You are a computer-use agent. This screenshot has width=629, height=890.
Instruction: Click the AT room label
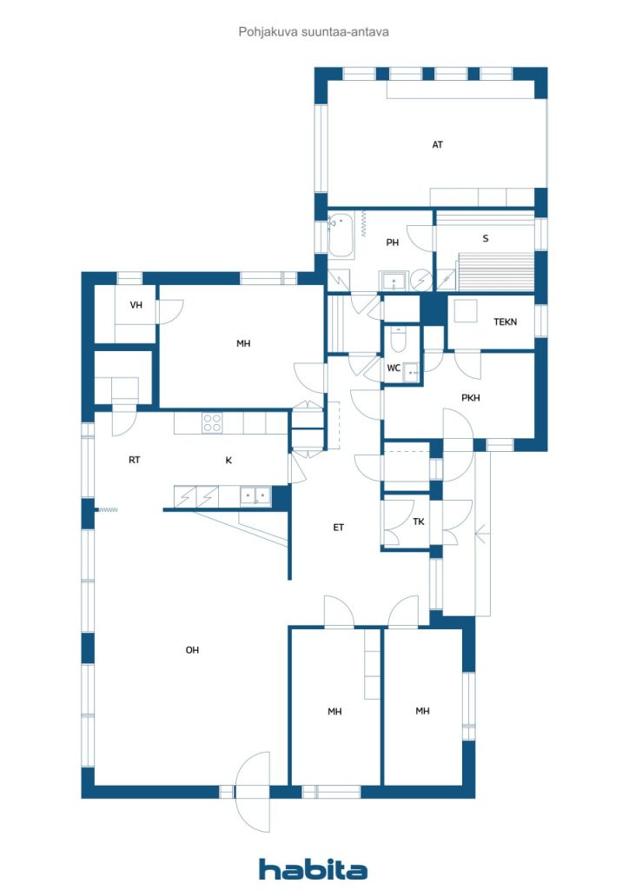[x=437, y=145]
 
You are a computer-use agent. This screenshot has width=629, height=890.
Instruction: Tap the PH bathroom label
[x=392, y=242]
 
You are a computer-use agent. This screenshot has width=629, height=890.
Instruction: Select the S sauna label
[x=486, y=238]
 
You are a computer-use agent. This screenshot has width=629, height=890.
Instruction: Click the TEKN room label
[x=505, y=322]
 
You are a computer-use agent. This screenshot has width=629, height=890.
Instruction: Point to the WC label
[x=394, y=368]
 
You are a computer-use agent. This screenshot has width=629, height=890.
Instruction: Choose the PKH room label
[x=470, y=398]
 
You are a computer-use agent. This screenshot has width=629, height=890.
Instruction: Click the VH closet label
[x=136, y=305]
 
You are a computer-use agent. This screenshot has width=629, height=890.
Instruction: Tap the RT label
[x=134, y=460]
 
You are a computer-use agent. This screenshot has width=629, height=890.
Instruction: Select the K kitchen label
[x=228, y=461]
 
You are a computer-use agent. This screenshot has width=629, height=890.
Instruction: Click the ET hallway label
[x=338, y=528]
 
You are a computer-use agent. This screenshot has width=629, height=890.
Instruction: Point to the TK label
[x=419, y=521]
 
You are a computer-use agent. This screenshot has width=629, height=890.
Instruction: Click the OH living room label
[x=192, y=650]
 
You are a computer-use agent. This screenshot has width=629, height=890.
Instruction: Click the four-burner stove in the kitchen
[x=212, y=423]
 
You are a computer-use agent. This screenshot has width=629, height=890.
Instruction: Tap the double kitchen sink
[x=255, y=496]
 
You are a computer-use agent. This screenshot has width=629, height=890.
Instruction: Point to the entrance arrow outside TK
[x=481, y=535]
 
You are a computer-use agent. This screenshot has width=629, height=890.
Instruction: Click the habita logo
[x=313, y=869]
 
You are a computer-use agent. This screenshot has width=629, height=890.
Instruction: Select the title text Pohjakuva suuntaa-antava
[x=314, y=32]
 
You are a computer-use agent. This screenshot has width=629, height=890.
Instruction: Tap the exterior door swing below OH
[x=253, y=792]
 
